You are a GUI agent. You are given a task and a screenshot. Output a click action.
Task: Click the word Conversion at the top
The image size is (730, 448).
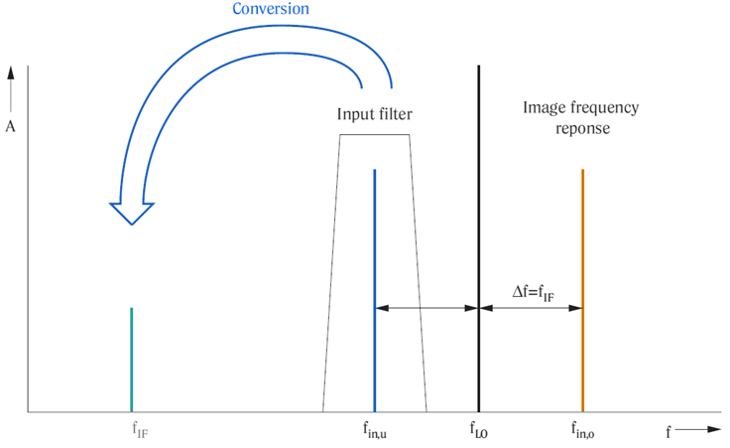point(271,8)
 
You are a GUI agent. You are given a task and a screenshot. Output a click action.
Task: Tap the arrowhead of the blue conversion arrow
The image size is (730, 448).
point(132,214)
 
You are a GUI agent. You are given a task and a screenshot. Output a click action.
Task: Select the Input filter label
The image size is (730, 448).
point(374,114)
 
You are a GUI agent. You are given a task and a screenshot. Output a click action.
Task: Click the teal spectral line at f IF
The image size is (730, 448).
point(132,360)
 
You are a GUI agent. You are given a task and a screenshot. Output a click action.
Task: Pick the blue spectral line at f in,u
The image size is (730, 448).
point(374,290)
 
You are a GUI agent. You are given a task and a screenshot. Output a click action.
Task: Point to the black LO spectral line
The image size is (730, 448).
point(479,238)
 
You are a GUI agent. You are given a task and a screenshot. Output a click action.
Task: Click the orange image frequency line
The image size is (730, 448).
point(582,290)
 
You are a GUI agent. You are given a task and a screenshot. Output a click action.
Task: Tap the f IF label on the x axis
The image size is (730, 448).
point(140,430)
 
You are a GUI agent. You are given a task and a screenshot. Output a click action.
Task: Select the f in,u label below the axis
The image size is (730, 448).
point(375,430)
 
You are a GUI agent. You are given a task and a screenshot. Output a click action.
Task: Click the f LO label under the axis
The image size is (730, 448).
point(479,430)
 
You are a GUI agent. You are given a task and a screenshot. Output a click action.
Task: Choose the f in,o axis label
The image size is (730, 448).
point(583,430)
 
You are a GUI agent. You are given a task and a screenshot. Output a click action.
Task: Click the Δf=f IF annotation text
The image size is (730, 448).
point(534,293)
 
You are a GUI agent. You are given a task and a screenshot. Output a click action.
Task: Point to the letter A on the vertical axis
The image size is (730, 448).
point(10,126)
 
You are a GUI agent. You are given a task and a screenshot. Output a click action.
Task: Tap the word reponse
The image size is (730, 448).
point(582,129)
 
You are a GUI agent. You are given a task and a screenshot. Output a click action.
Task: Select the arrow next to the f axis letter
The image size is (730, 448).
point(697,429)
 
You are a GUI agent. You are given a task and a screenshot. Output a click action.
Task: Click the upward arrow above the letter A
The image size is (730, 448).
point(11,89)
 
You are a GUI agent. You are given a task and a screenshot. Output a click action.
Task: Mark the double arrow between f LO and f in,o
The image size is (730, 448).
point(531,308)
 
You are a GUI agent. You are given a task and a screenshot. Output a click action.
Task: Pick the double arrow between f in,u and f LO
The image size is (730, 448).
point(426,308)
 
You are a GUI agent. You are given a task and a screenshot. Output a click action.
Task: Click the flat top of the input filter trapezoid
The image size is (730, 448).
point(375,135)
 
